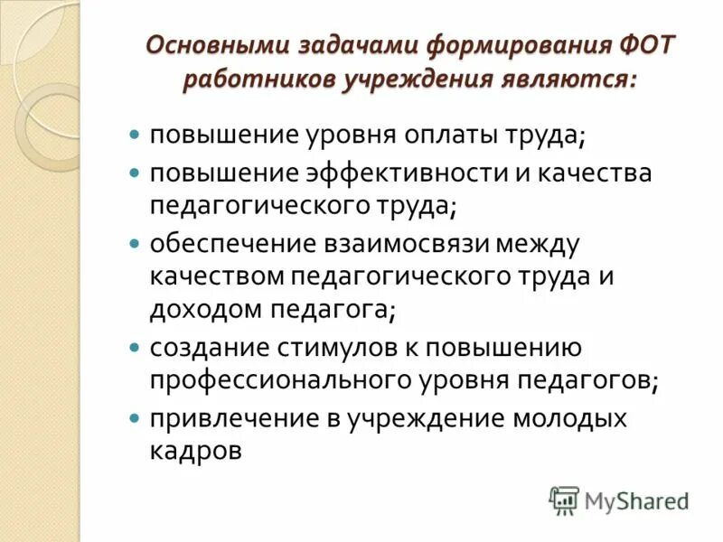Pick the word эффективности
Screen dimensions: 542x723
363,173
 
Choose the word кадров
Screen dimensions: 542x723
196,450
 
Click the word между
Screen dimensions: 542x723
535,244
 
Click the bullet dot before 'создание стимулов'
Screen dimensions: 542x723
134,347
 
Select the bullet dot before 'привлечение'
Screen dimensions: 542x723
134,417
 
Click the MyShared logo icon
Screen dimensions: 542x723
565,500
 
